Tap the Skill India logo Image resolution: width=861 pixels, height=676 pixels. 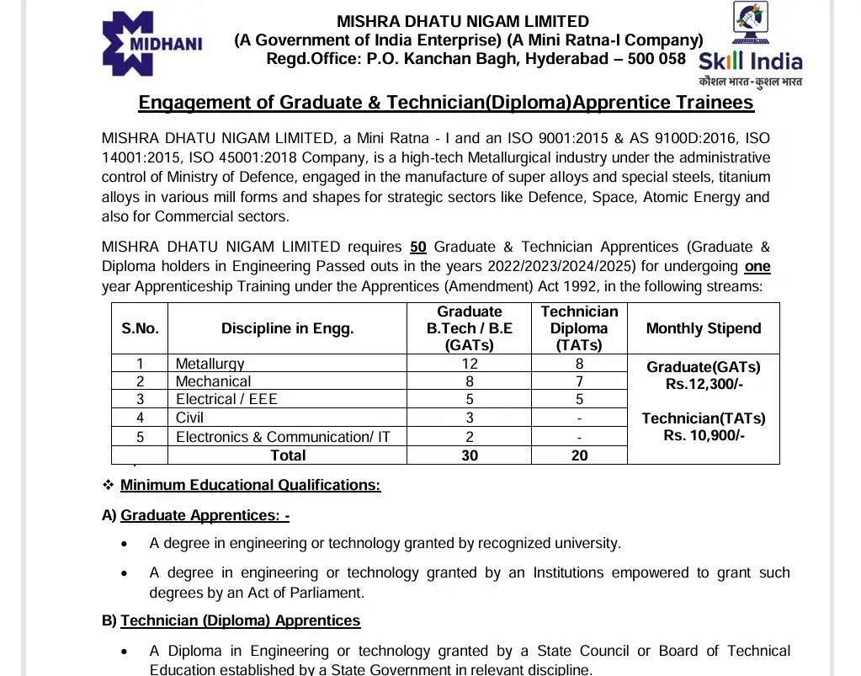coord(750,47)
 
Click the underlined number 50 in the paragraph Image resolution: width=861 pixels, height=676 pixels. coord(418,247)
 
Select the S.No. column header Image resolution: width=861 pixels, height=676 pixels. coord(140,328)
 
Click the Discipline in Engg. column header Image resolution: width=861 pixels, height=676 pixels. coord(287,328)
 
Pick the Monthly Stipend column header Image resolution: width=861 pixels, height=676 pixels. coord(703,328)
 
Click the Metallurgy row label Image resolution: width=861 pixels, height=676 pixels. coord(210,364)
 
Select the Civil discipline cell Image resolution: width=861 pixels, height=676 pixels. coord(189,418)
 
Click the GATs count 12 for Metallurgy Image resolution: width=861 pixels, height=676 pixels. coord(469,364)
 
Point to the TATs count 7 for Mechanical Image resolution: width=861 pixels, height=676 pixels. coord(579,381)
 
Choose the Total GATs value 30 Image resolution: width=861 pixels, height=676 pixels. coord(469,455)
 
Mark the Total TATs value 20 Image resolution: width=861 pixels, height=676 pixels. coord(579,455)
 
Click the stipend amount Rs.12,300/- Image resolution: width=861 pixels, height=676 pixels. coord(704,385)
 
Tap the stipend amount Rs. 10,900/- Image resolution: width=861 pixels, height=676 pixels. coord(704,435)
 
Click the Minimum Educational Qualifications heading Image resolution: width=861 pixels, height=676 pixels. coord(250,485)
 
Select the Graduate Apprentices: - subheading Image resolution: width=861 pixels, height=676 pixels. coord(205,515)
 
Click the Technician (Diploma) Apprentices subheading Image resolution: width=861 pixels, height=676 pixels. coord(240,620)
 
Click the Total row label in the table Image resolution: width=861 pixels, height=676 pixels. coord(287,455)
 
